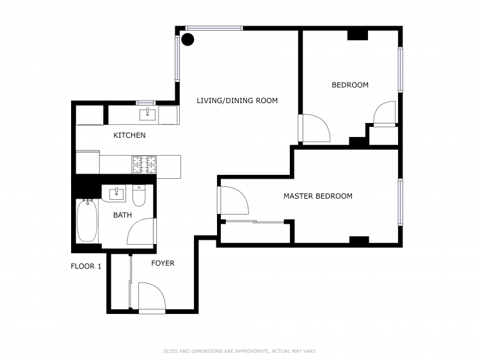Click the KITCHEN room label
[x=129, y=135]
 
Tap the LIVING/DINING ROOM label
[x=237, y=101]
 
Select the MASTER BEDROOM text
[x=317, y=196]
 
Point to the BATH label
[x=122, y=215]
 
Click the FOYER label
[x=163, y=263]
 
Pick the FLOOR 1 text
[x=86, y=266]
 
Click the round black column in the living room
[x=188, y=40]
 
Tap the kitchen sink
[x=147, y=115]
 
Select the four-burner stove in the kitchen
[x=144, y=165]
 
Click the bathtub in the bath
[x=87, y=220]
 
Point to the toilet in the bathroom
[x=139, y=196]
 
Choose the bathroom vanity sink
[x=116, y=194]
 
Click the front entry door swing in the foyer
[x=152, y=297]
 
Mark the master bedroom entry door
[x=233, y=200]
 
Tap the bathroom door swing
[x=141, y=231]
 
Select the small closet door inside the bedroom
[x=385, y=113]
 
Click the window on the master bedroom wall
[x=401, y=202]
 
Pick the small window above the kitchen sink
[x=146, y=103]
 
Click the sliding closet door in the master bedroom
[x=255, y=221]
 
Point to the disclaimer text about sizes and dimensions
[x=240, y=351]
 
